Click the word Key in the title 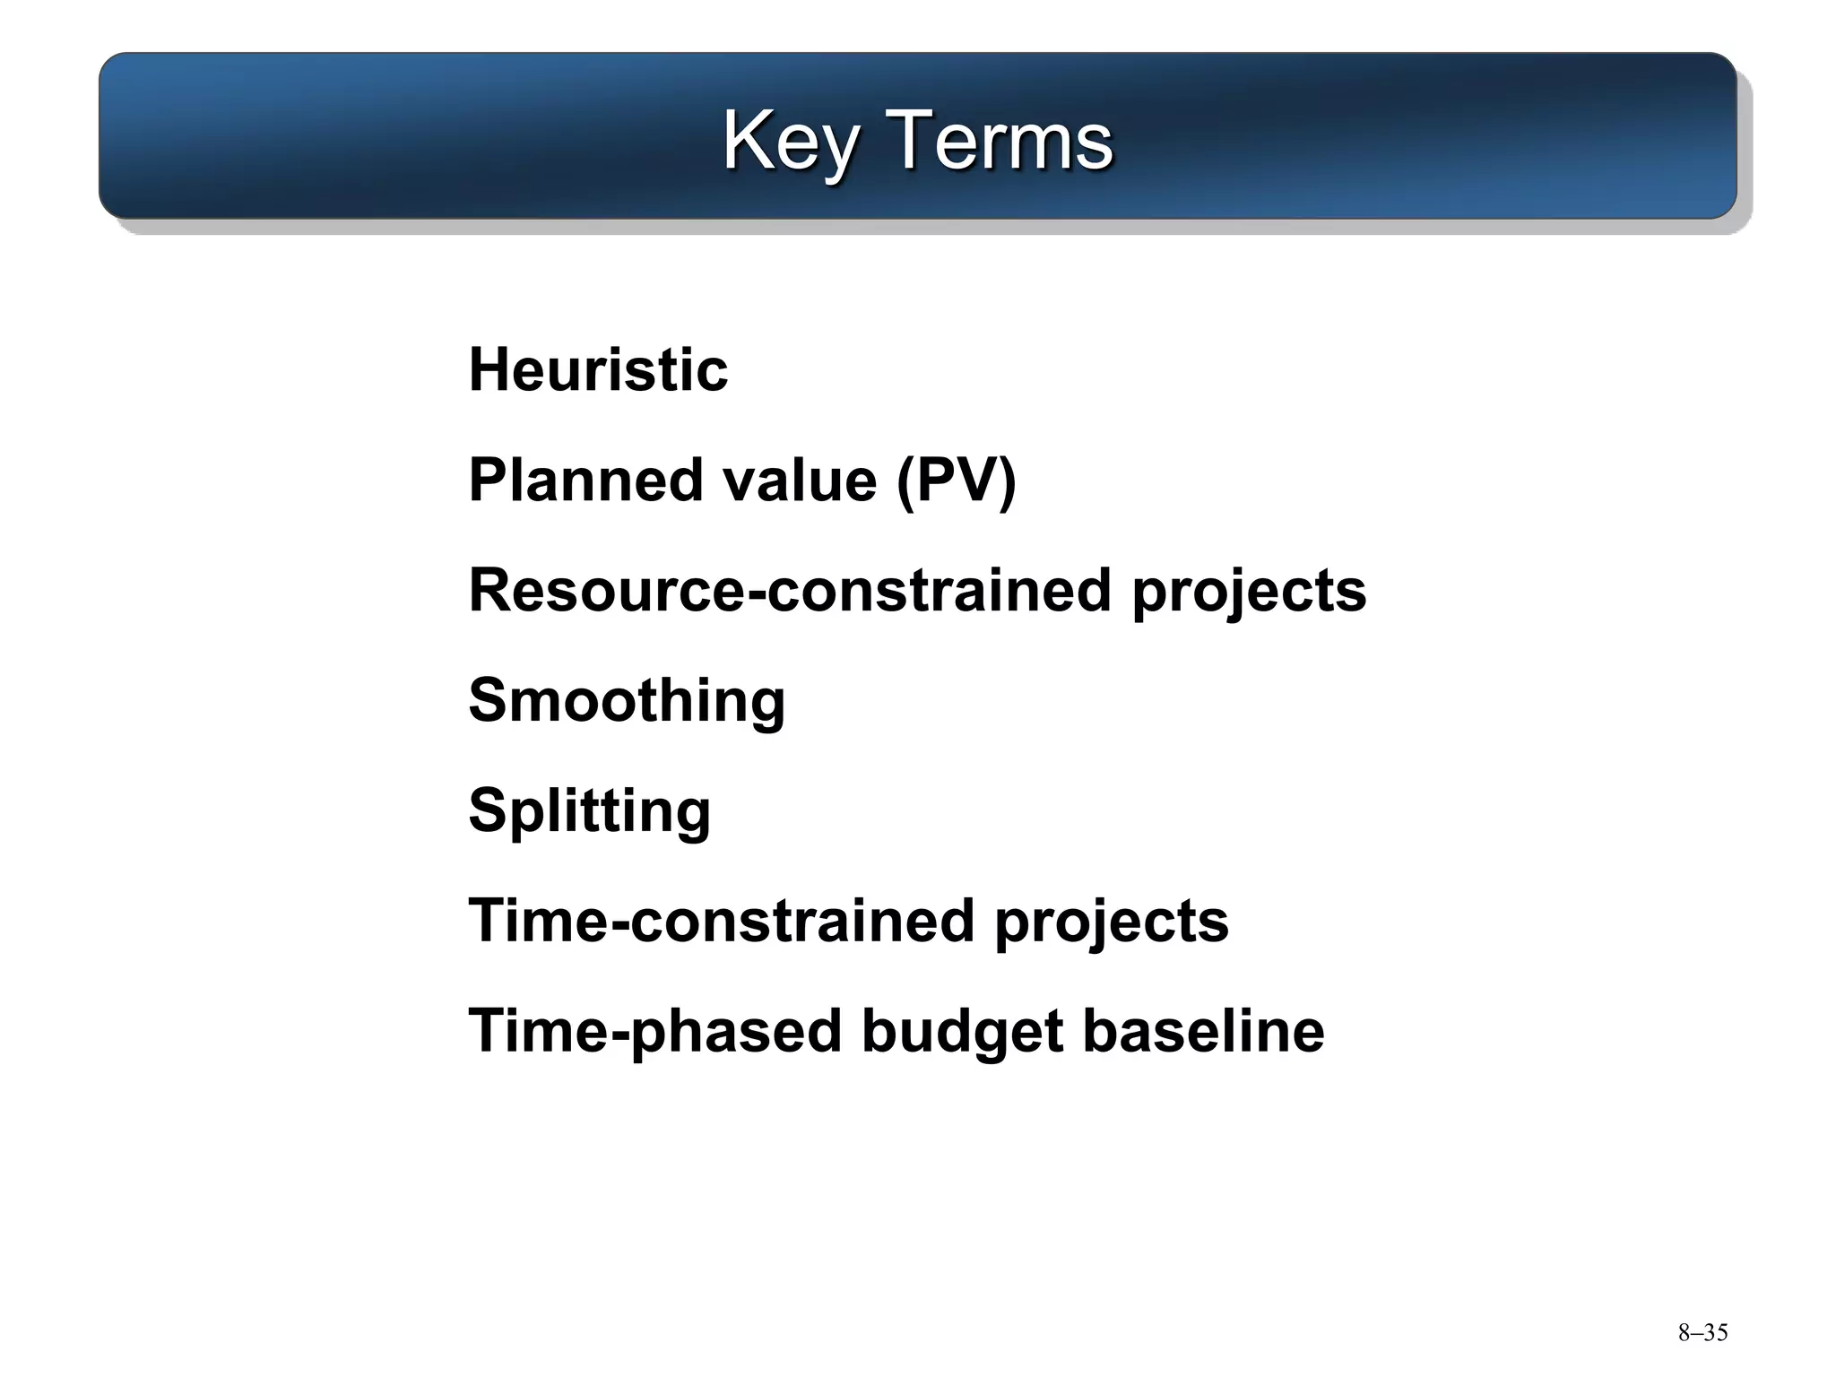click(789, 142)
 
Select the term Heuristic click(598, 369)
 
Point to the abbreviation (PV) click(956, 481)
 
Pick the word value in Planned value click(799, 481)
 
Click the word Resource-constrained click(790, 591)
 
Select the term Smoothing click(627, 701)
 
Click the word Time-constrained click(721, 921)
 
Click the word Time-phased click(654, 1031)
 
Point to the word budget click(962, 1031)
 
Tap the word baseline click(1203, 1031)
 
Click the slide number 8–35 click(1702, 1333)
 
